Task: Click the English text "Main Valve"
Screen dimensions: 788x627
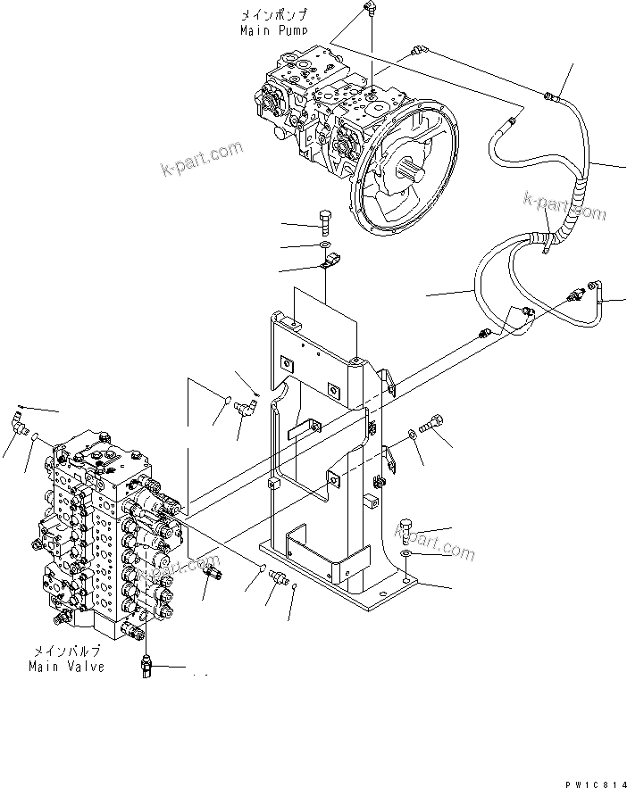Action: [66, 666]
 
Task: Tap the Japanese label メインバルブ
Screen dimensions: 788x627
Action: [68, 652]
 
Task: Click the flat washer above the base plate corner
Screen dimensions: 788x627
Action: [406, 554]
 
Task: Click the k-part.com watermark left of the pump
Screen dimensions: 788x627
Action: [202, 158]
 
